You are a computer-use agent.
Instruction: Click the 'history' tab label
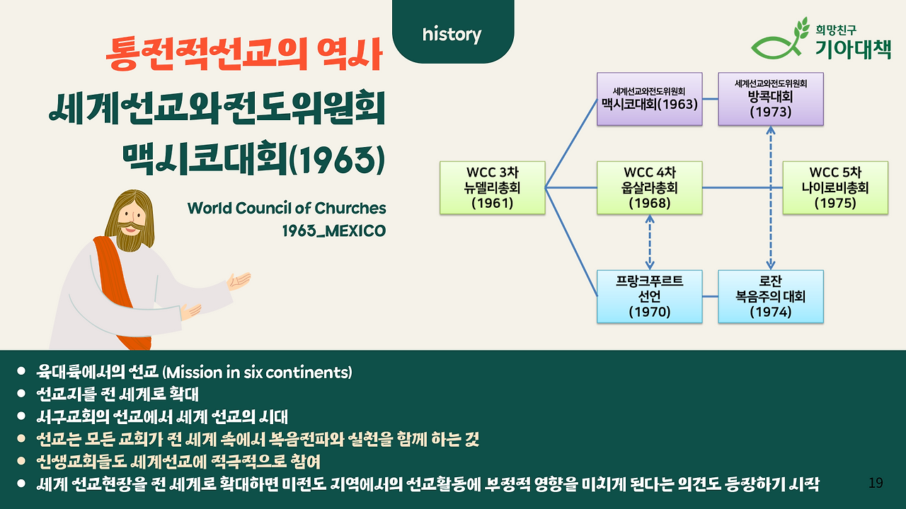pyautogui.click(x=452, y=35)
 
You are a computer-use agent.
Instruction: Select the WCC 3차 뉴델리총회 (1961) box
pyautogui.click(x=492, y=188)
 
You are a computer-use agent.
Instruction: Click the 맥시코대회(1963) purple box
pyautogui.click(x=650, y=99)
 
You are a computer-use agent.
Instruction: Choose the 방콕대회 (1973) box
pyautogui.click(x=771, y=99)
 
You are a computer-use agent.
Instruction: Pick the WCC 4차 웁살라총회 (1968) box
pyautogui.click(x=650, y=188)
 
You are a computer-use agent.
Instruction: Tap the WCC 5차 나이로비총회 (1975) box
pyautogui.click(x=835, y=188)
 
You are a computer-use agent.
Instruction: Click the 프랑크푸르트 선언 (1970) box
pyautogui.click(x=650, y=296)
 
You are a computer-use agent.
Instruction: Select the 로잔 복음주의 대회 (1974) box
pyautogui.click(x=771, y=296)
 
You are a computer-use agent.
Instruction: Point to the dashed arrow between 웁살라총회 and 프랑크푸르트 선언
pyautogui.click(x=650, y=242)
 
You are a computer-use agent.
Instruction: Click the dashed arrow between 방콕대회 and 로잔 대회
pyautogui.click(x=771, y=198)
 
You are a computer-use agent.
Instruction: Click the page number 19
pyautogui.click(x=876, y=483)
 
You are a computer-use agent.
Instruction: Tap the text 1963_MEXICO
pyautogui.click(x=334, y=231)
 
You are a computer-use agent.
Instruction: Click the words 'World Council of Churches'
pyautogui.click(x=287, y=209)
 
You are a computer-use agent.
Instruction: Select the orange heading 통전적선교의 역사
pyautogui.click(x=244, y=54)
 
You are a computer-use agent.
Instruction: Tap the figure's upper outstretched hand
pyautogui.click(x=239, y=281)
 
